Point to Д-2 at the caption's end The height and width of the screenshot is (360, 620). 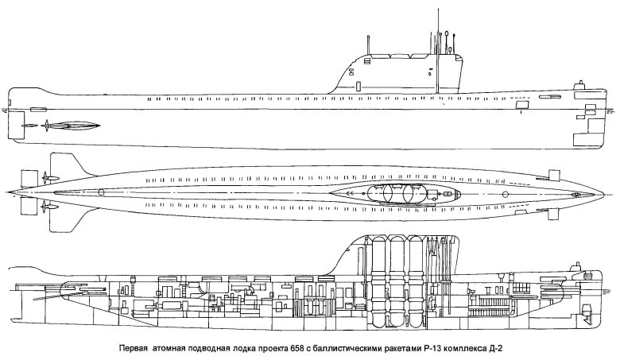(x=495, y=349)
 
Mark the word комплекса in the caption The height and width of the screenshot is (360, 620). (x=464, y=349)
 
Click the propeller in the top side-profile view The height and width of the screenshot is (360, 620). (x=47, y=126)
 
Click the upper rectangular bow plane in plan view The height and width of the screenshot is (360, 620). (x=555, y=175)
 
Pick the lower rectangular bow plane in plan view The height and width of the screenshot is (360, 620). (x=553, y=214)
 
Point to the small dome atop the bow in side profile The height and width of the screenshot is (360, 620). (x=580, y=84)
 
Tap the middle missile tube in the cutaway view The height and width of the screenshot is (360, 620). (x=397, y=282)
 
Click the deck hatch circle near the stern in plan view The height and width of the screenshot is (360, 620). (x=101, y=192)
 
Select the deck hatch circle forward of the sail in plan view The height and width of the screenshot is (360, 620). (x=505, y=194)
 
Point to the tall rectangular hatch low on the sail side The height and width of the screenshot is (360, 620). (x=358, y=86)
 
